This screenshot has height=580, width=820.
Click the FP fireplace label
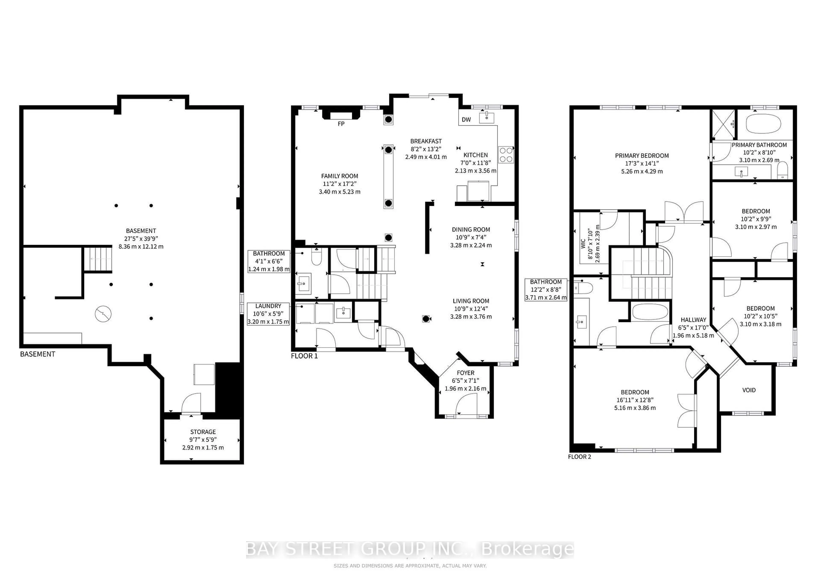pyautogui.click(x=341, y=124)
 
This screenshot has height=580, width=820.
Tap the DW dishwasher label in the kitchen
pyautogui.click(x=466, y=120)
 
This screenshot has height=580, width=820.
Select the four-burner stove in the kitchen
pyautogui.click(x=506, y=155)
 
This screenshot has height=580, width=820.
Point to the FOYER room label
pyautogui.click(x=465, y=373)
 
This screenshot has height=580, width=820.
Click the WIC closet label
pyautogui.click(x=583, y=244)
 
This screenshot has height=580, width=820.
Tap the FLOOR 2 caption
pyautogui.click(x=580, y=457)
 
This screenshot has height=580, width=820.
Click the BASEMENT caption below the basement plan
pyautogui.click(x=38, y=354)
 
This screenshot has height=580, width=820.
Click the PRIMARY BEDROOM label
pyautogui.click(x=642, y=156)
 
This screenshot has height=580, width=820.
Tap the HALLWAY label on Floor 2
pyautogui.click(x=693, y=320)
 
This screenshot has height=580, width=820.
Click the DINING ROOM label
pyautogui.click(x=471, y=230)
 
